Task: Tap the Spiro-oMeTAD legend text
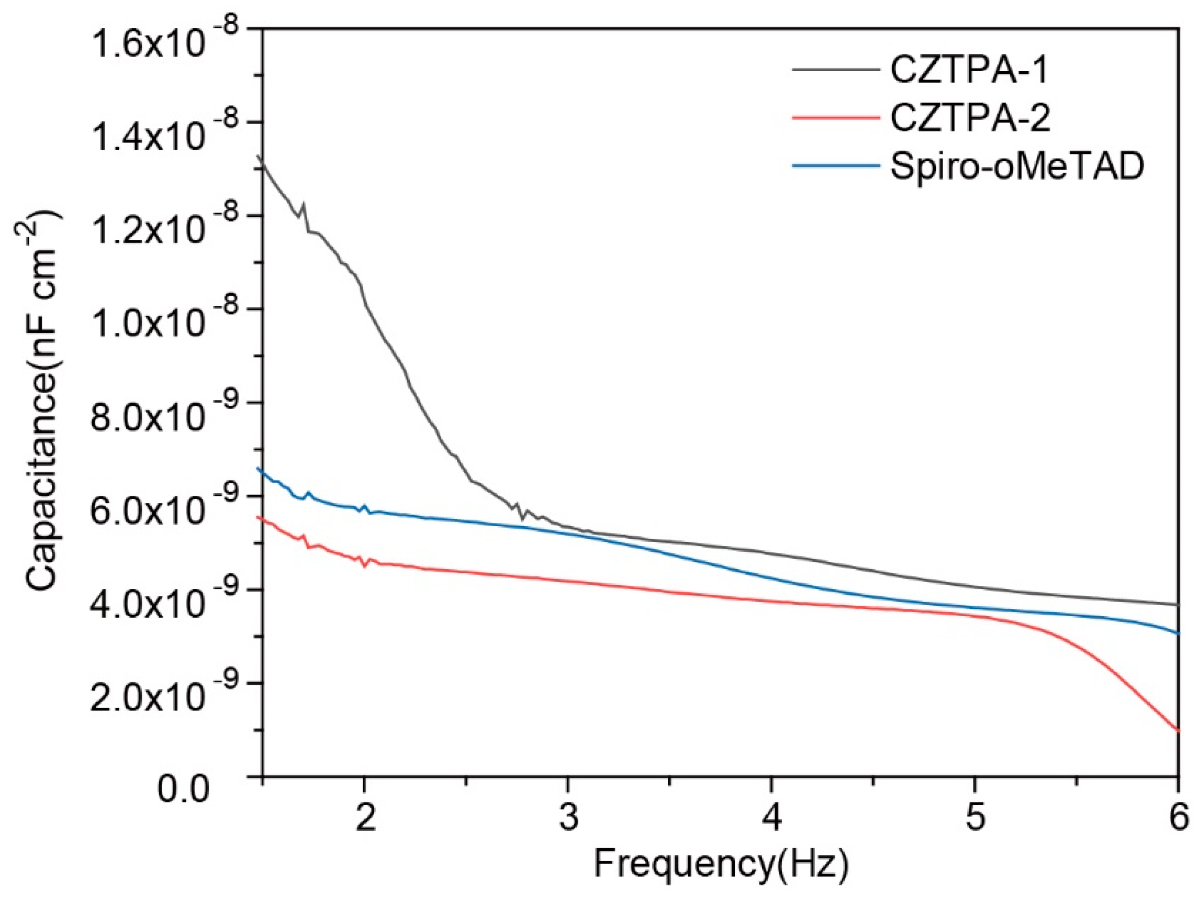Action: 1016,167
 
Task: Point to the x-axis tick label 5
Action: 975,818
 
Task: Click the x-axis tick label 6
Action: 1179,818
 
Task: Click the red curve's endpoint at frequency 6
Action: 1178,730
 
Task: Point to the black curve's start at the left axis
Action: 263,160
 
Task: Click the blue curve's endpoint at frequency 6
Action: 1178,634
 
